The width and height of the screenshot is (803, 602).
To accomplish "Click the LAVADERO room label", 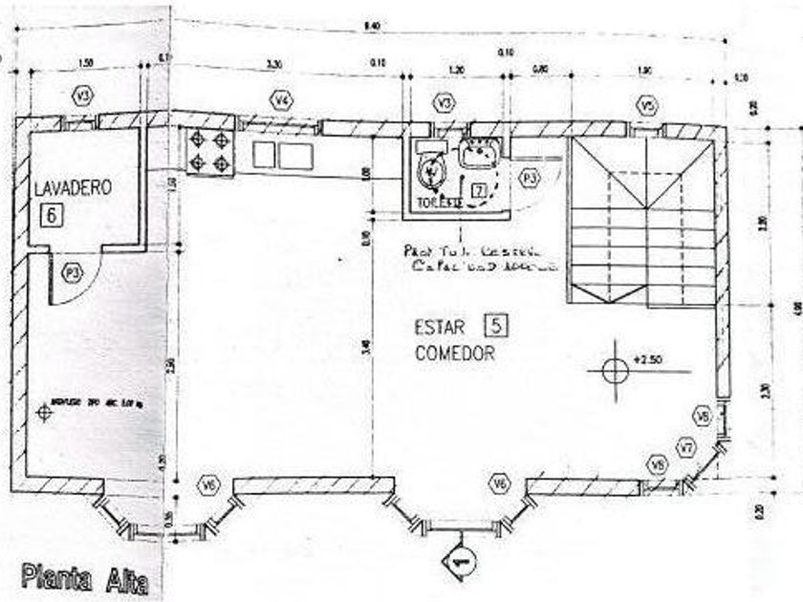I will coord(73,187).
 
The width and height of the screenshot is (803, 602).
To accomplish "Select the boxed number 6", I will coord(51,215).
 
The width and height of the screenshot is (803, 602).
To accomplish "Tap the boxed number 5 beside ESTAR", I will coord(497,326).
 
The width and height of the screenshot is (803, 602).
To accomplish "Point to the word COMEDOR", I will coord(454,354).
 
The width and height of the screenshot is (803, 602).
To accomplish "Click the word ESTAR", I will coord(440,327).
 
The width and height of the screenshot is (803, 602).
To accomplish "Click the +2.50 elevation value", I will coord(647,361).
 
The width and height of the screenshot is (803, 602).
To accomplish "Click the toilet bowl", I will coord(433,172).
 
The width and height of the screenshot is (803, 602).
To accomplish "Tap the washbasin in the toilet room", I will coord(476,153).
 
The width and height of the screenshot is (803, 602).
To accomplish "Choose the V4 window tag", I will coord(281,99).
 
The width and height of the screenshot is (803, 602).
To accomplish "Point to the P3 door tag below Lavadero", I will coord(71,271).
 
